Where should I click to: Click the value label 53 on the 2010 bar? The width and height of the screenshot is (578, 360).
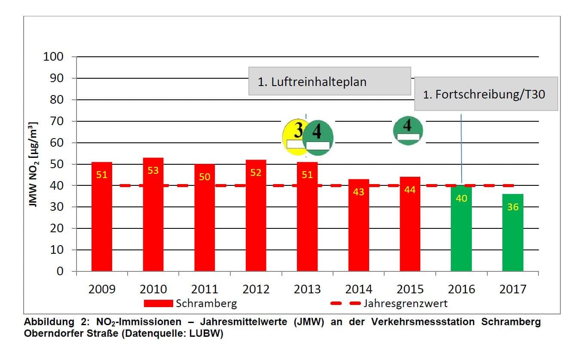[153, 170]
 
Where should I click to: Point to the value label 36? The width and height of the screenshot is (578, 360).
[513, 207]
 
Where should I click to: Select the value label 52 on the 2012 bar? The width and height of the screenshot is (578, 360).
[256, 172]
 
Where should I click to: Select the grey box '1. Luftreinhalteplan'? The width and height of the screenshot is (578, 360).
[330, 81]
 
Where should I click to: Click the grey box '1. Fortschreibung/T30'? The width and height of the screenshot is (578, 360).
[486, 94]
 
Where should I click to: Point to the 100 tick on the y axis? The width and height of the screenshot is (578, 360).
[53, 57]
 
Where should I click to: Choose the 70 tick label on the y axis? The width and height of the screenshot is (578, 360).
[56, 121]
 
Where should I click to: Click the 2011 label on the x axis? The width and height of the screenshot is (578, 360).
[205, 289]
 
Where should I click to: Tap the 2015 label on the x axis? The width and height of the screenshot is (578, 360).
[410, 289]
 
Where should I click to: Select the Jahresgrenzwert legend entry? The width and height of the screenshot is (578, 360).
[389, 303]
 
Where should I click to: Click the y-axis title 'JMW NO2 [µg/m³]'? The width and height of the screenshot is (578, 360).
[33, 164]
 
